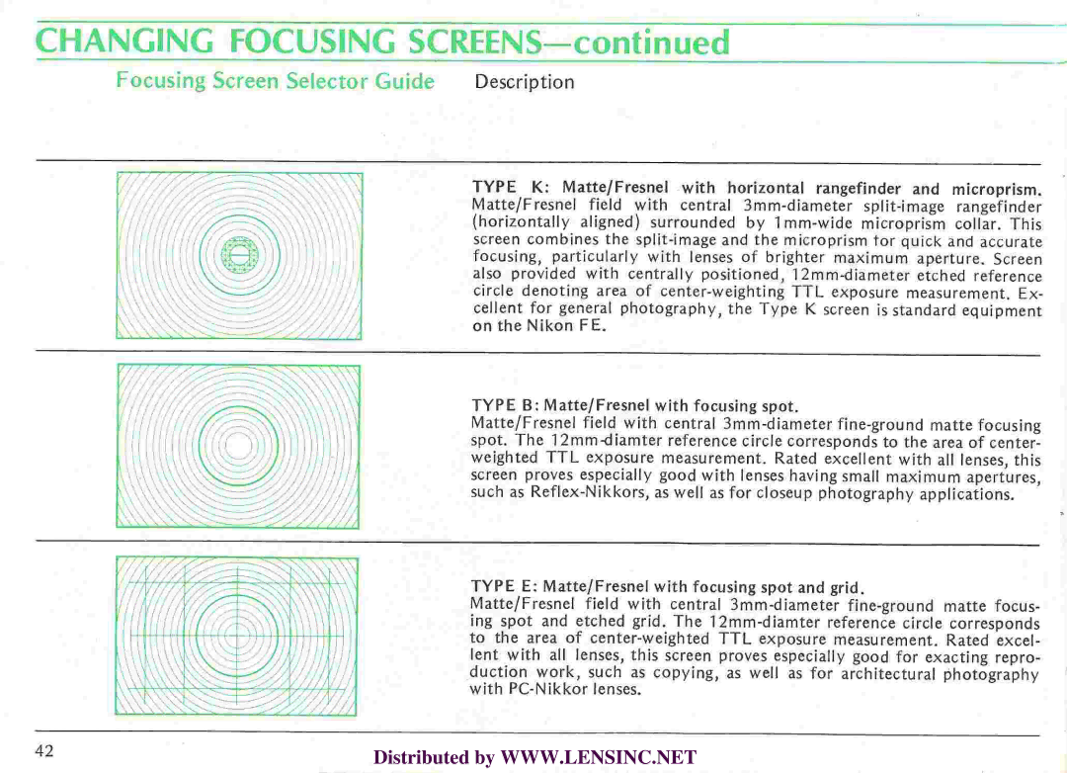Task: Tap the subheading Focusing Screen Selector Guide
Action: pos(275,81)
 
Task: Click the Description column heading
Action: pos(524,82)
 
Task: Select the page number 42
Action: pos(43,750)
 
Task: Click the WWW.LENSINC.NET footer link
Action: pos(599,758)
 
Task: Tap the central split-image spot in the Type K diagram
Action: pos(238,255)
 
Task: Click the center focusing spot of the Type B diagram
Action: pos(238,447)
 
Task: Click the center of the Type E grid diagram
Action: pos(238,636)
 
